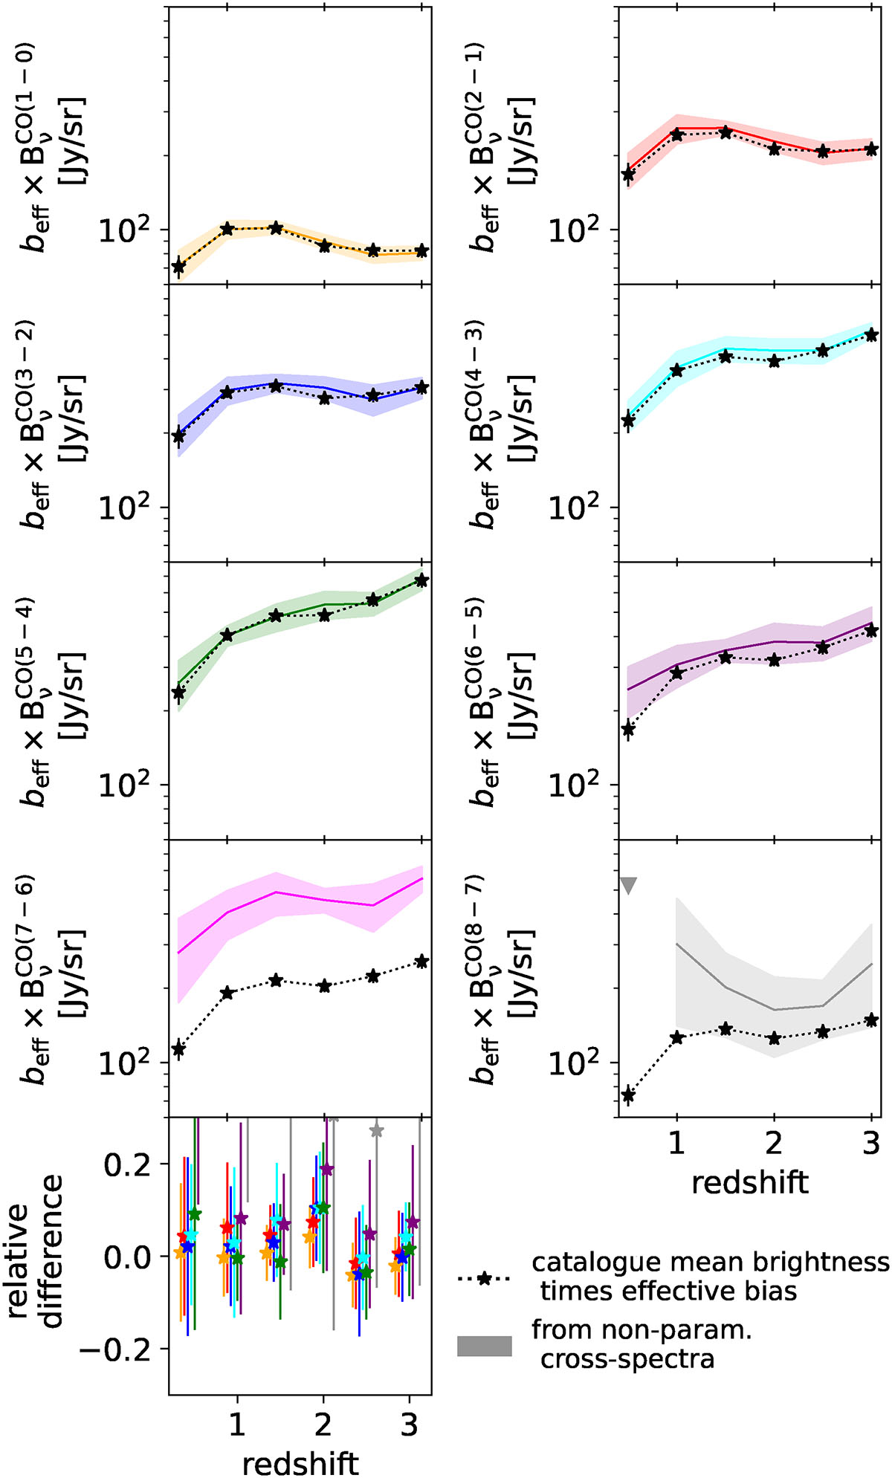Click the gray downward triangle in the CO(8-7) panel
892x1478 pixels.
point(628,885)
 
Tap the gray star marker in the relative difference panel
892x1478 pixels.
point(376,1130)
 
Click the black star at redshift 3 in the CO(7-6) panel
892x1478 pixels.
point(421,962)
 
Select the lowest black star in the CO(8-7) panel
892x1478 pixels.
point(628,1095)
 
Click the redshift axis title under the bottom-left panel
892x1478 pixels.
point(300,1459)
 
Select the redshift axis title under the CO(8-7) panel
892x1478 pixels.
point(749,1181)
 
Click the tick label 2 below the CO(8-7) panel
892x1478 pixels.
point(774,1143)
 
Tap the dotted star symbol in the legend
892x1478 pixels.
point(484,1279)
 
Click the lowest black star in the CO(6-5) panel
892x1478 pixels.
point(628,729)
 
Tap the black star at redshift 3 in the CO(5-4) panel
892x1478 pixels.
point(421,580)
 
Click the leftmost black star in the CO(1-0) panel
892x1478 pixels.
point(178,266)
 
